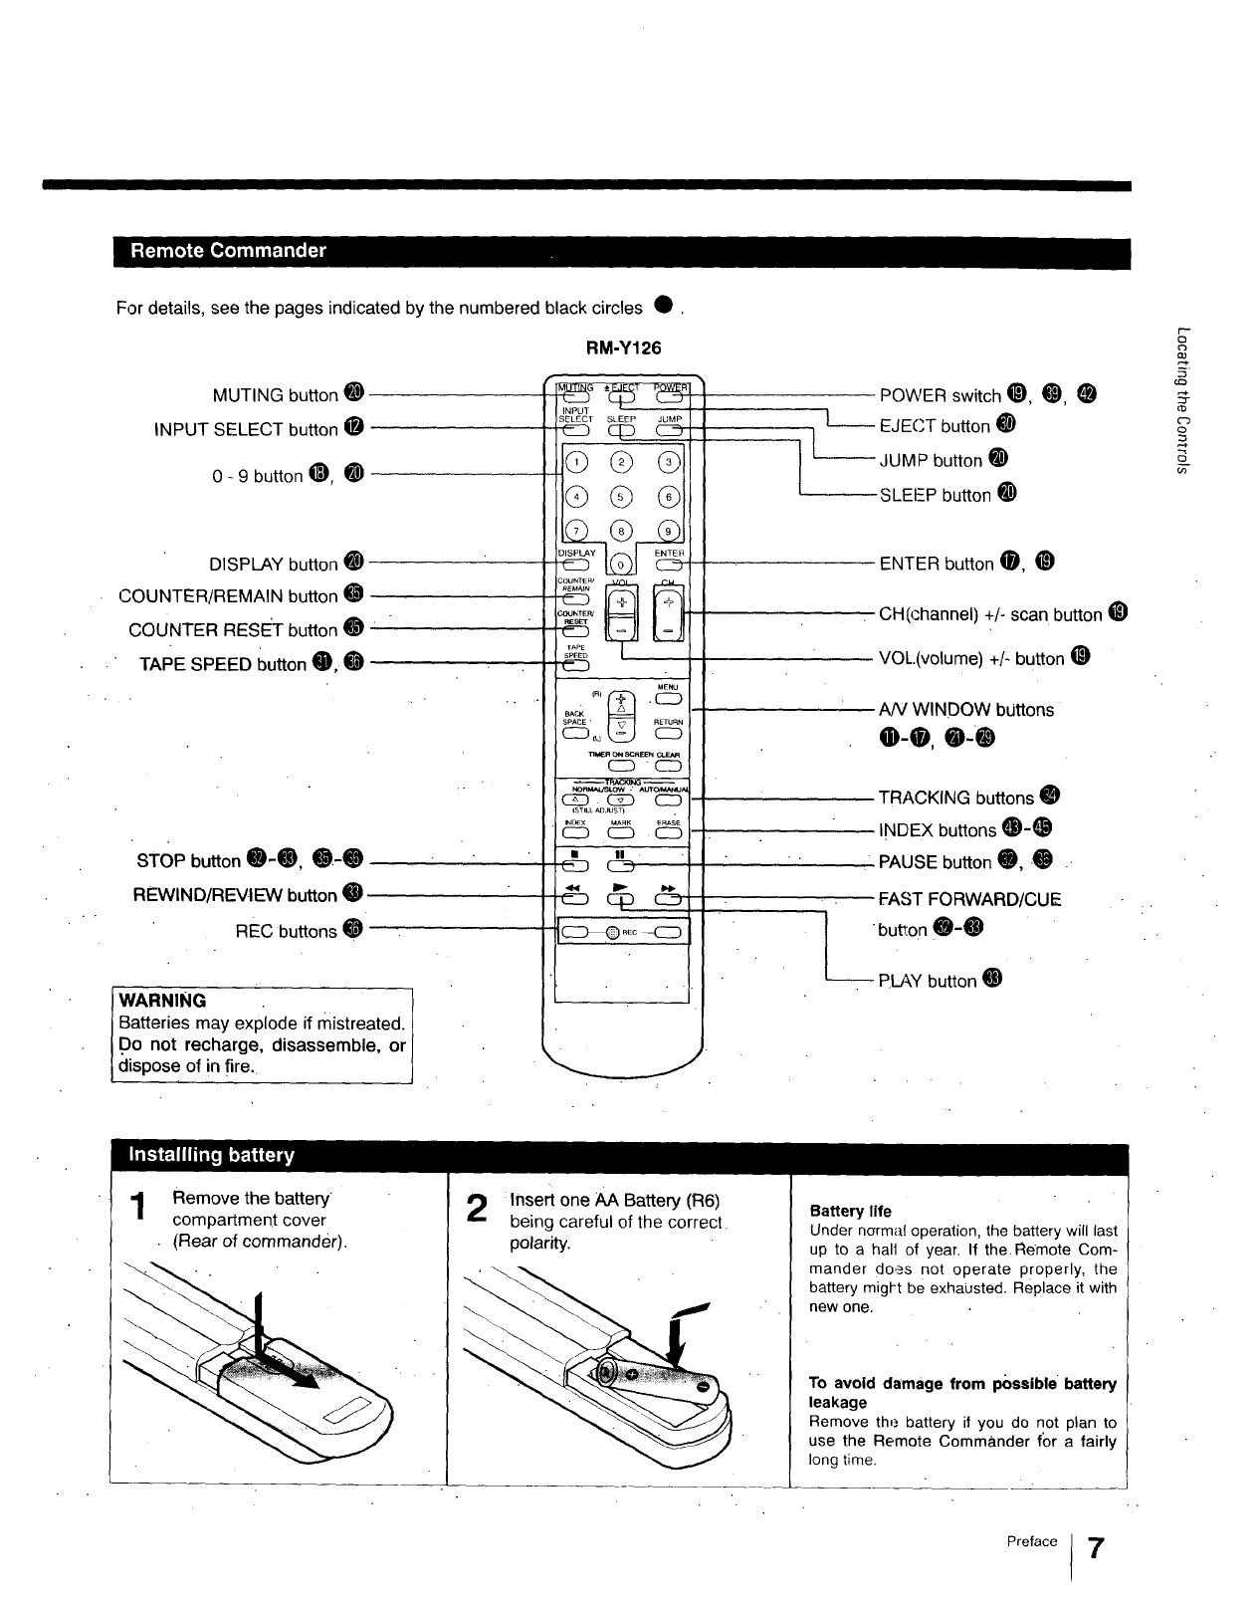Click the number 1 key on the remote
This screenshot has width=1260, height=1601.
coord(578,461)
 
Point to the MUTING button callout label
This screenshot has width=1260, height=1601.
coord(276,395)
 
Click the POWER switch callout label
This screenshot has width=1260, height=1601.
coord(941,395)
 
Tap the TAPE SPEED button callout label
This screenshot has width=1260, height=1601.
coord(224,665)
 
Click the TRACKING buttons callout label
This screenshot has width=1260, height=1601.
coord(955,798)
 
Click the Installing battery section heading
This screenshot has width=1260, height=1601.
coord(212,1155)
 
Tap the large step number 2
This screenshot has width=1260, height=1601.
coord(478,1209)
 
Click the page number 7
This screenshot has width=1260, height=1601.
coord(1095,1549)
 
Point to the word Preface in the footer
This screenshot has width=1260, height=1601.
coord(1031,1541)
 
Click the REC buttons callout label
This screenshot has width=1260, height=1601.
coord(286,932)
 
